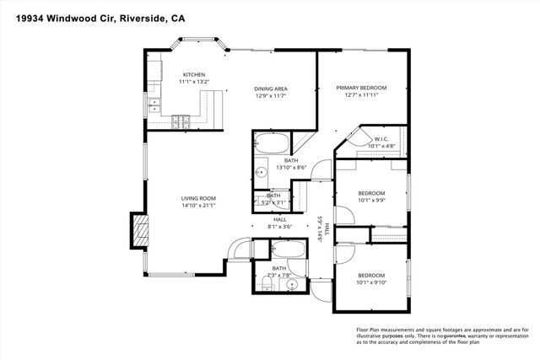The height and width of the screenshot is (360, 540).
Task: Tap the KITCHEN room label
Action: click(194, 74)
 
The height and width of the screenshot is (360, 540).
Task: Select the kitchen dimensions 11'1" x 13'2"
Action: click(194, 82)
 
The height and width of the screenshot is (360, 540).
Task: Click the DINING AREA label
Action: click(273, 88)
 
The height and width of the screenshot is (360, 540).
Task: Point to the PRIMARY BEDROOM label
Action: click(361, 88)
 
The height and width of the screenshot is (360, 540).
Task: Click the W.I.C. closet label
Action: click(381, 139)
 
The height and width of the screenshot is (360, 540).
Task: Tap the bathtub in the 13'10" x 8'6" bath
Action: click(272, 142)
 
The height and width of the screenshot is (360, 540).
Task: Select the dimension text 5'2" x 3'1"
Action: click(273, 202)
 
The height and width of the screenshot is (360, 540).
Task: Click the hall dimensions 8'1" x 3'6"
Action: click(279, 226)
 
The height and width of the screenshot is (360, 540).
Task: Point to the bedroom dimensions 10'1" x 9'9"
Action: click(371, 201)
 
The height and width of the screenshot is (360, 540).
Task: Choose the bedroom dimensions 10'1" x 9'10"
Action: click(371, 283)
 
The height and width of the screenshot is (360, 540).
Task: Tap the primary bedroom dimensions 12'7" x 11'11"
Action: click(361, 95)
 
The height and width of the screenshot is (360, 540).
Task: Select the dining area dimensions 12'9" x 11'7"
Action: click(273, 95)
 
